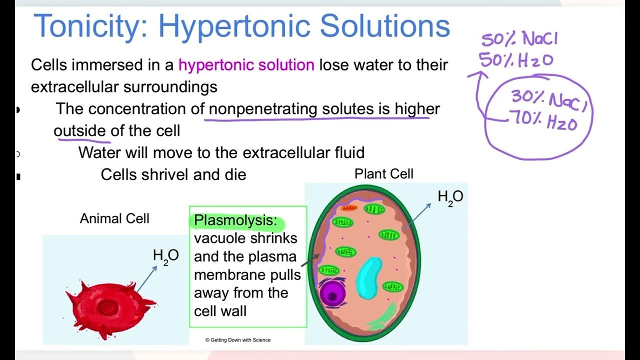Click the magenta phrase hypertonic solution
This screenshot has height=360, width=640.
pos(246,65)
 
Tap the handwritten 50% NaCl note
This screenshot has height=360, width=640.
pos(519,39)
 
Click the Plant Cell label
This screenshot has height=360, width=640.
pos(383,174)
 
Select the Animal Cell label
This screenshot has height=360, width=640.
pos(114,218)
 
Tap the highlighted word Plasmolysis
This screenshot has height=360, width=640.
pos(235,220)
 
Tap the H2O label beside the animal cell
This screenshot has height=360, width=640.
pos(165,255)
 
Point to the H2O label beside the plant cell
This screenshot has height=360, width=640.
pos(450,197)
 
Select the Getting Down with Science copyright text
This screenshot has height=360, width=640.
pos(238,340)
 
